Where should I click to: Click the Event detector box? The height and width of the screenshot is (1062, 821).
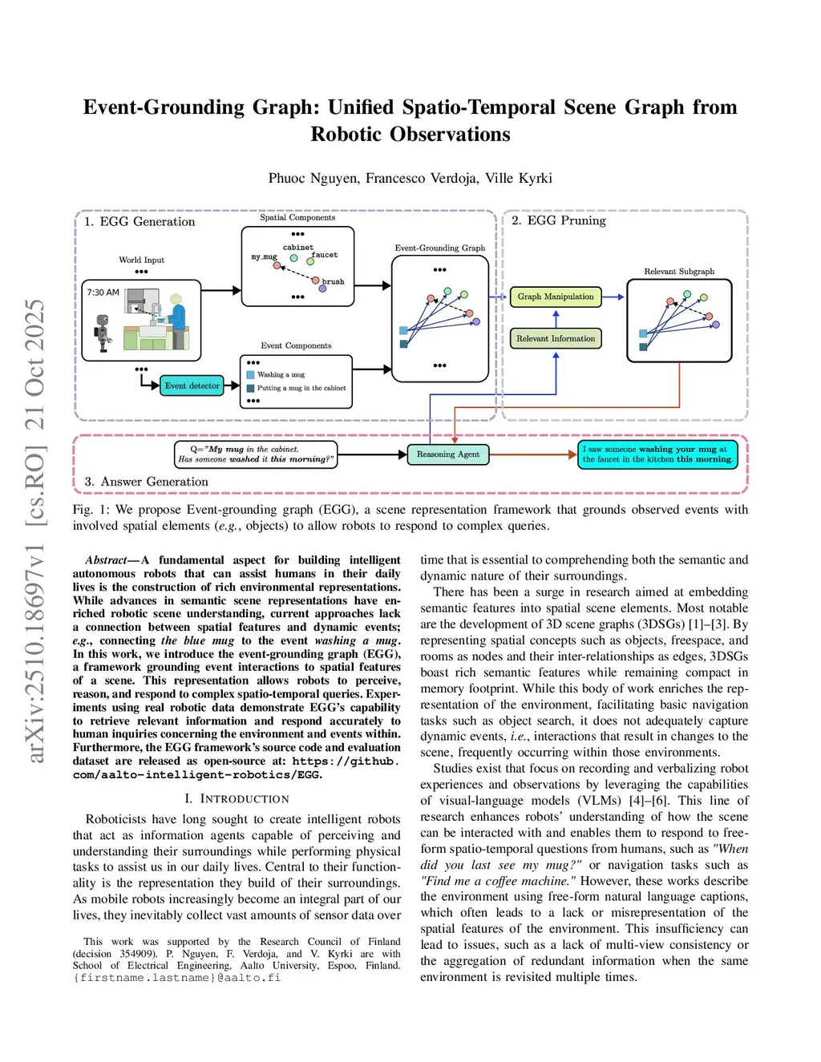pos(192,386)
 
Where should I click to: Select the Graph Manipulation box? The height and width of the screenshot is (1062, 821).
pos(556,297)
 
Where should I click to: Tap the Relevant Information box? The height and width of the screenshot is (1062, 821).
pos(556,339)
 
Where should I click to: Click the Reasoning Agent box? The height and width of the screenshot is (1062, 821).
pos(447,454)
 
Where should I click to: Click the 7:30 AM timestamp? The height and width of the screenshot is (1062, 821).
pos(103,293)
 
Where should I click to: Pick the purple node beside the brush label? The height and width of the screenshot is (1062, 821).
pos(322,289)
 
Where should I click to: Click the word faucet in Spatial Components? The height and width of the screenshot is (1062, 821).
pos(325,255)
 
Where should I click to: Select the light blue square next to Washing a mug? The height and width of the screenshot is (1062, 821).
pos(251,375)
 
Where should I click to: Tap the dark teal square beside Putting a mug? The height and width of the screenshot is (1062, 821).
pos(251,388)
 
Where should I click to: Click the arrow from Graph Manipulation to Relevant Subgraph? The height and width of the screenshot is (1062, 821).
pos(613,297)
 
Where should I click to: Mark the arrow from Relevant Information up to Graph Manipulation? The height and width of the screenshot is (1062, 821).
pos(556,318)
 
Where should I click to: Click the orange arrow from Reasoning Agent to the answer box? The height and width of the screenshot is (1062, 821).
pos(533,454)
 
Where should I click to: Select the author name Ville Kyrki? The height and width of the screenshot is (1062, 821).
pos(519,178)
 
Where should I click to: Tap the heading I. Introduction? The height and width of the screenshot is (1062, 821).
pos(237,799)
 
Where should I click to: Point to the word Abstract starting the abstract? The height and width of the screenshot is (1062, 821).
pos(106,560)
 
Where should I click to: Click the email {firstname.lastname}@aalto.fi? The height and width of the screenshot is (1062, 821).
pos(176,978)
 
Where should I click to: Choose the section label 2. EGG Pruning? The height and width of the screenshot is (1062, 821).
pos(559,220)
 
